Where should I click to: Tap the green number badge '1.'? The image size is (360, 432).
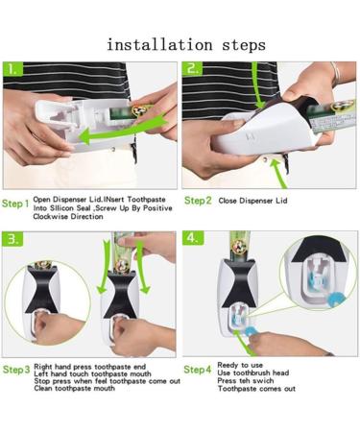[13, 70]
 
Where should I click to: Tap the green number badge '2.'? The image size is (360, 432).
[194, 70]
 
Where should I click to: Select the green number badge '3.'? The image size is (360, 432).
[13, 238]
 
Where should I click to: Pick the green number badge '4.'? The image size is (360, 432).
[194, 238]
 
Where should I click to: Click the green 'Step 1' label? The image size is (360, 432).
[15, 204]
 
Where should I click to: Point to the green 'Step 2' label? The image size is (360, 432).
[198, 201]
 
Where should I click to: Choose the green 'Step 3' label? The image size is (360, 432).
[15, 370]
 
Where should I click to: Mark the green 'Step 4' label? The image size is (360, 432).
[198, 370]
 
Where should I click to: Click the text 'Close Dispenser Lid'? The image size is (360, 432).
[253, 201]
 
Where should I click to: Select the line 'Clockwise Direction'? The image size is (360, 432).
[66, 217]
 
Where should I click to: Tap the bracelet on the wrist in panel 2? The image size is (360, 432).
[335, 73]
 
